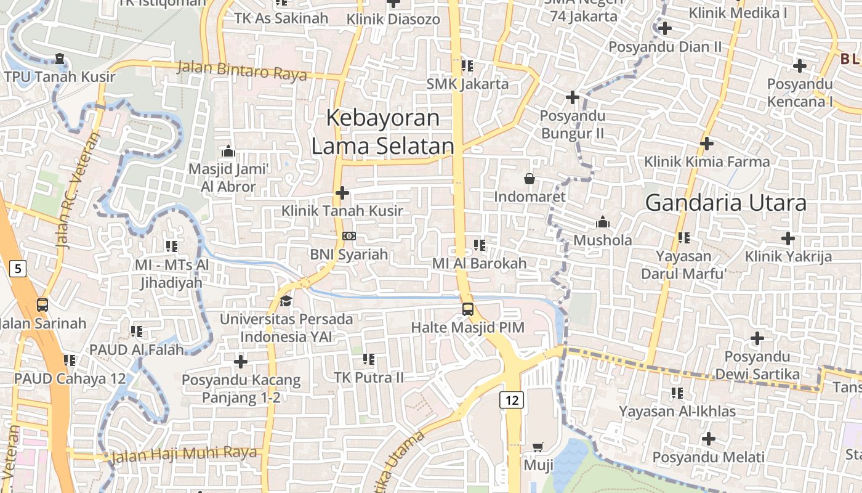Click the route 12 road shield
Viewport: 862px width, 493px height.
(512, 401)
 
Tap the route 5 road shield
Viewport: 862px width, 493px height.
(18, 269)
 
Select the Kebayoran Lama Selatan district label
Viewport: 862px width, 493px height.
(382, 132)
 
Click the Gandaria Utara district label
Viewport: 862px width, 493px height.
(726, 203)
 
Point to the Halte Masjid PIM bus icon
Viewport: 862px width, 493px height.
(468, 309)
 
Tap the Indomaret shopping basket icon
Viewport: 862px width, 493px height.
(530, 179)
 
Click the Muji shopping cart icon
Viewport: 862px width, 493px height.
(538, 447)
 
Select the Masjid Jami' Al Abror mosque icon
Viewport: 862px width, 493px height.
(228, 151)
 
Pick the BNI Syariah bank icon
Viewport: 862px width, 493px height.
(348, 236)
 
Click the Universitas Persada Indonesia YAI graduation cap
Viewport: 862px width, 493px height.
(286, 301)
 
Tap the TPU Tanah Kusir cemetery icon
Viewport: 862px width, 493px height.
(60, 59)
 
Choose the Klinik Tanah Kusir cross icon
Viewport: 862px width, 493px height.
(342, 193)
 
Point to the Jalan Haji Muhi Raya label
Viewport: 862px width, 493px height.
(183, 454)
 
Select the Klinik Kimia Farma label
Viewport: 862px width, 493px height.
(707, 162)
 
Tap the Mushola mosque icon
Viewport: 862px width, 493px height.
(603, 222)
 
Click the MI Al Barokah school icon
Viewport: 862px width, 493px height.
(480, 245)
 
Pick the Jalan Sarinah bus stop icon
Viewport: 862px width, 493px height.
(42, 304)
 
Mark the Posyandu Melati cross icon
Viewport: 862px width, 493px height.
(709, 439)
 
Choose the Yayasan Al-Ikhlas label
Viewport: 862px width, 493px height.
(677, 411)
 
